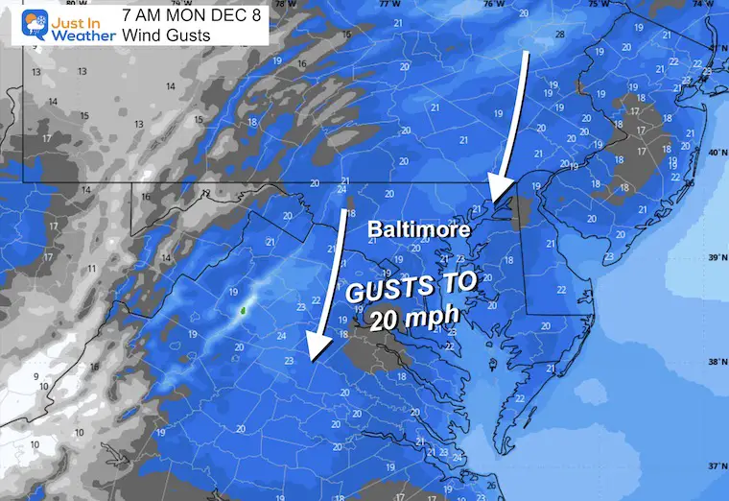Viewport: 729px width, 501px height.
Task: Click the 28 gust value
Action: coord(559,36)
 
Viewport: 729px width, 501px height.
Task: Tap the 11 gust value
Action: coord(90,270)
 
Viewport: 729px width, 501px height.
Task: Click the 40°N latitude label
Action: coord(714,152)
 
